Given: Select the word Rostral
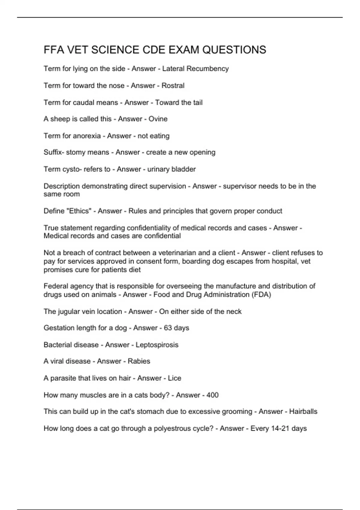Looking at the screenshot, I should [x=173, y=85].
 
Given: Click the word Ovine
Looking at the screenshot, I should [x=158, y=119].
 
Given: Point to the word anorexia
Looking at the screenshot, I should [x=87, y=136].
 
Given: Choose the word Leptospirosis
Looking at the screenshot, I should [x=157, y=345].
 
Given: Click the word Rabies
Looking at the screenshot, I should [x=139, y=361].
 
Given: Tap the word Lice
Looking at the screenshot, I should [x=175, y=378].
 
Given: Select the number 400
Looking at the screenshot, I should [x=212, y=395].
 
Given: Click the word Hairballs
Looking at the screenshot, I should [x=303, y=412].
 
